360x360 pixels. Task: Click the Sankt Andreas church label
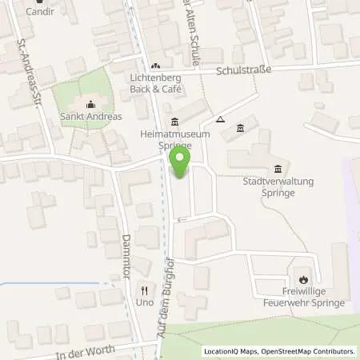point(91,117)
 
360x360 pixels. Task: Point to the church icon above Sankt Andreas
point(90,104)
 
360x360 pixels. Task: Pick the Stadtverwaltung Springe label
point(278,186)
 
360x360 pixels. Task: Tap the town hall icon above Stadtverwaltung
point(278,169)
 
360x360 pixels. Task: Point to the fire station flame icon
point(304,280)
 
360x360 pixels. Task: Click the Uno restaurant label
point(144,303)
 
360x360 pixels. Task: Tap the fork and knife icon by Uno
point(144,290)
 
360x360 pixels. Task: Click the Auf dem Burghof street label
point(170,304)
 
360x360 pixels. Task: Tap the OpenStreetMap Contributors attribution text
point(308,351)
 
